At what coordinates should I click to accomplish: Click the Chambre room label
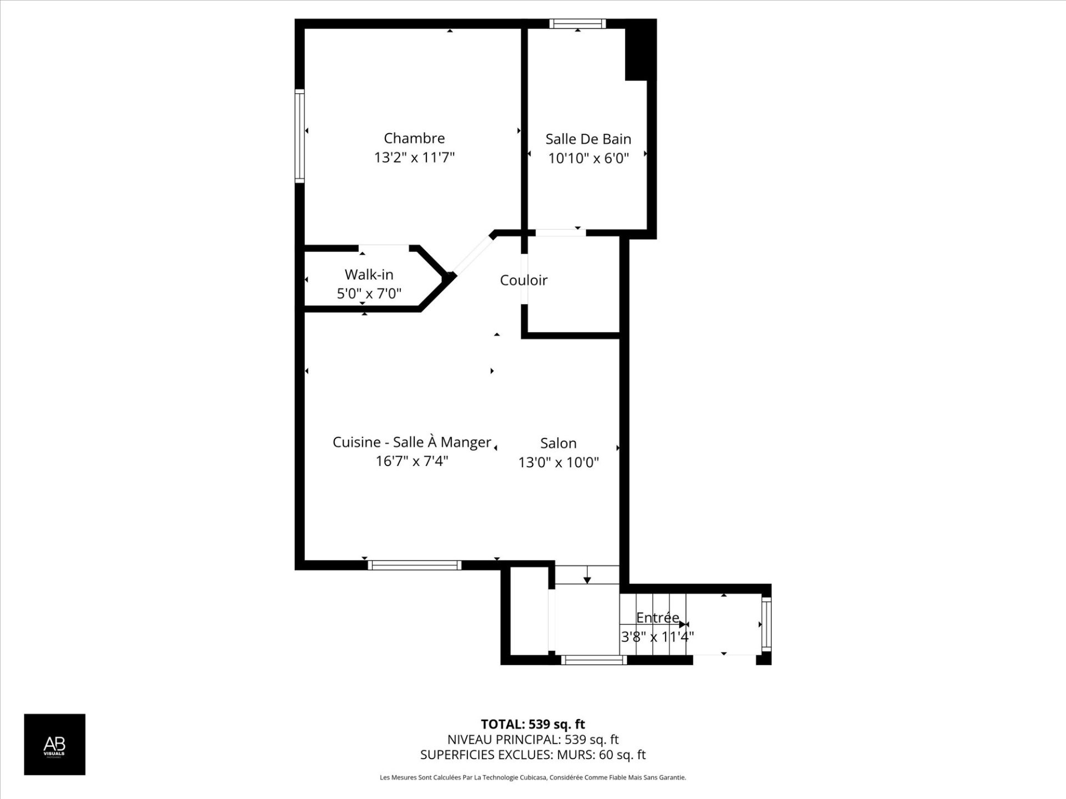pyautogui.click(x=414, y=138)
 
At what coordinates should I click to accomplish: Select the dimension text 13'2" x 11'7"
pyautogui.click(x=414, y=158)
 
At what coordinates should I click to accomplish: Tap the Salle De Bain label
pyautogui.click(x=588, y=139)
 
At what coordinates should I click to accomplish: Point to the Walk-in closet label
pyautogui.click(x=369, y=275)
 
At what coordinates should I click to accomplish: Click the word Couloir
pyautogui.click(x=524, y=280)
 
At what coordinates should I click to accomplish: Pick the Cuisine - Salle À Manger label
pyautogui.click(x=411, y=442)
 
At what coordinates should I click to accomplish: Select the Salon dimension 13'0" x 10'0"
pyautogui.click(x=559, y=462)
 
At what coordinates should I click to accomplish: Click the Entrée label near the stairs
pyautogui.click(x=657, y=618)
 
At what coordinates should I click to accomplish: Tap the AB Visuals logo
pyautogui.click(x=54, y=744)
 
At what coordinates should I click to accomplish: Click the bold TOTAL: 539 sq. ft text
pyautogui.click(x=532, y=724)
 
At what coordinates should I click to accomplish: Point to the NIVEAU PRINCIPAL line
pyautogui.click(x=532, y=740)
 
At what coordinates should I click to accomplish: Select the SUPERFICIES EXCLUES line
pyautogui.click(x=532, y=755)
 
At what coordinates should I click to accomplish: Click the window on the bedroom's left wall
pyautogui.click(x=299, y=136)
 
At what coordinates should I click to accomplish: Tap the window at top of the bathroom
pyautogui.click(x=577, y=23)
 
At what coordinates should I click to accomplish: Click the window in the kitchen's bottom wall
pyautogui.click(x=414, y=565)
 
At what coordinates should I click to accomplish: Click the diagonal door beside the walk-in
pyautogui.click(x=472, y=255)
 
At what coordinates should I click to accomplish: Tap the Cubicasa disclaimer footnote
pyautogui.click(x=532, y=777)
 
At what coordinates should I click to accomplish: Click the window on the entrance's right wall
pyautogui.click(x=766, y=624)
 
